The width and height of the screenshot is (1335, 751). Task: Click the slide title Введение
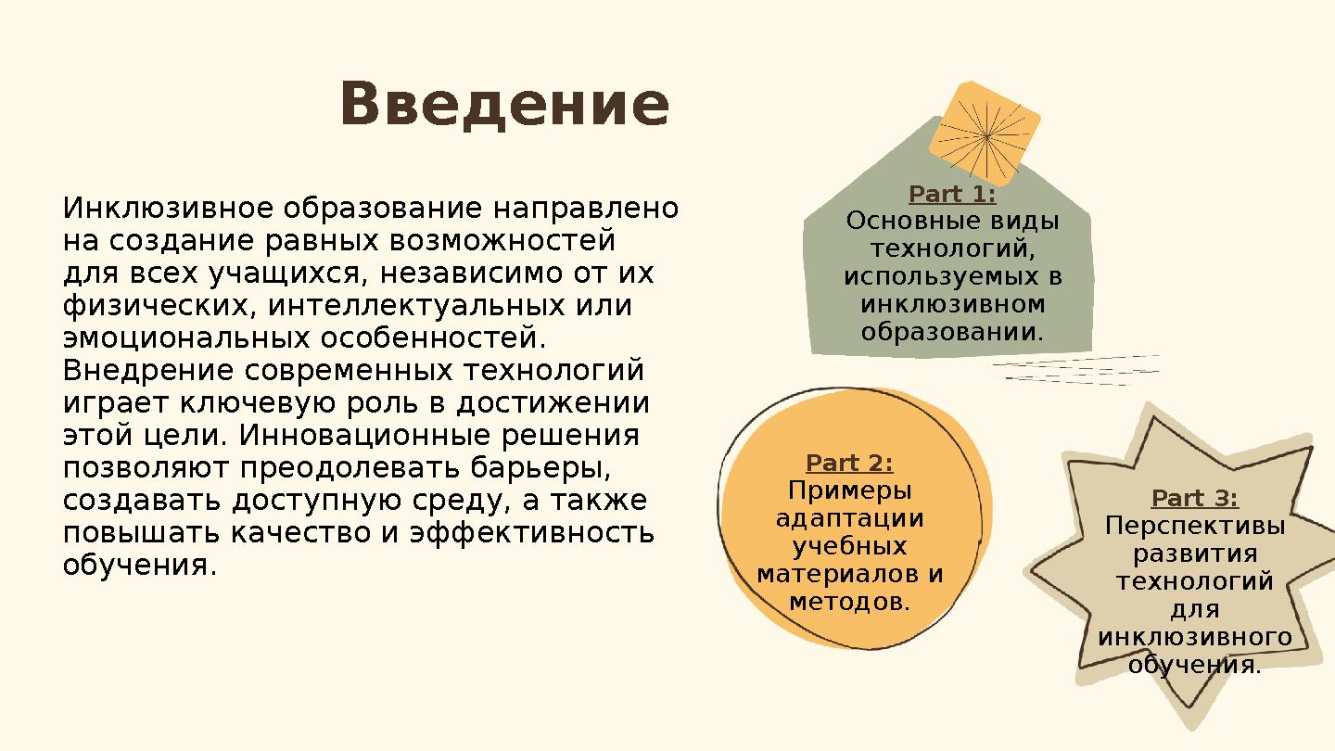click(504, 105)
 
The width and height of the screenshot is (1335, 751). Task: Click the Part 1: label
click(952, 195)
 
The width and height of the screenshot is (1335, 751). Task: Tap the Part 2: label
click(849, 463)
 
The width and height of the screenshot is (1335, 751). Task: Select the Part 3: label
click(1194, 499)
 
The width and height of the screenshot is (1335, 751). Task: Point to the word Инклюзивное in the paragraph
click(167, 208)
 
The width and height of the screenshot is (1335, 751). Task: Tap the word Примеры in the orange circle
click(849, 490)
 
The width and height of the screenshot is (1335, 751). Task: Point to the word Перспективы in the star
click(1194, 527)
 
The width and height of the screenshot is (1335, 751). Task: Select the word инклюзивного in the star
click(1194, 638)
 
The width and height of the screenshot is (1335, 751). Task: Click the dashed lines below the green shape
click(1075, 370)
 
